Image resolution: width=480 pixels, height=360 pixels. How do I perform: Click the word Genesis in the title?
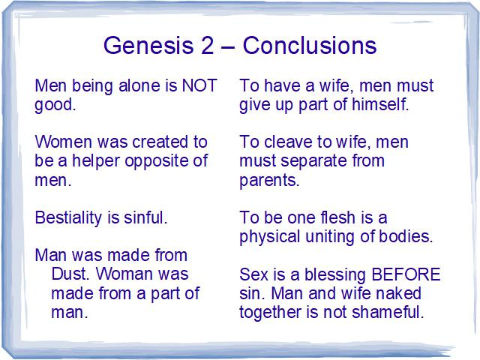(x=148, y=45)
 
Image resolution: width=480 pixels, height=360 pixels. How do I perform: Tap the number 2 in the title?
(x=207, y=45)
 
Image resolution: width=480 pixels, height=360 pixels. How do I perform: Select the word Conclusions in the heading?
(x=310, y=45)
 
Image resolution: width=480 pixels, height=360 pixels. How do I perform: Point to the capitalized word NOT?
(x=199, y=85)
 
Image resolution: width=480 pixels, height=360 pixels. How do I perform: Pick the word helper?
(x=95, y=161)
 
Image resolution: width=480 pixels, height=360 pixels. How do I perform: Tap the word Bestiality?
(x=68, y=218)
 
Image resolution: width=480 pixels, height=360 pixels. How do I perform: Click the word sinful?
(x=145, y=217)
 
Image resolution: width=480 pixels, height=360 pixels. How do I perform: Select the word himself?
(x=380, y=104)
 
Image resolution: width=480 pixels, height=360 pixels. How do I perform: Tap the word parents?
(x=269, y=181)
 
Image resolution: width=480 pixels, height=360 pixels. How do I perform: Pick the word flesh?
(x=337, y=217)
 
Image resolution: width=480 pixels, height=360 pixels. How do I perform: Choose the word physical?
(x=270, y=237)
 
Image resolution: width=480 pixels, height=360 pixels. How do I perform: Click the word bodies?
(x=406, y=236)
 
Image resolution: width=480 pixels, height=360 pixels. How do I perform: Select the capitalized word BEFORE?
(x=406, y=274)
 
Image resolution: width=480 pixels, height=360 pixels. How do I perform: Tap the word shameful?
(x=388, y=312)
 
